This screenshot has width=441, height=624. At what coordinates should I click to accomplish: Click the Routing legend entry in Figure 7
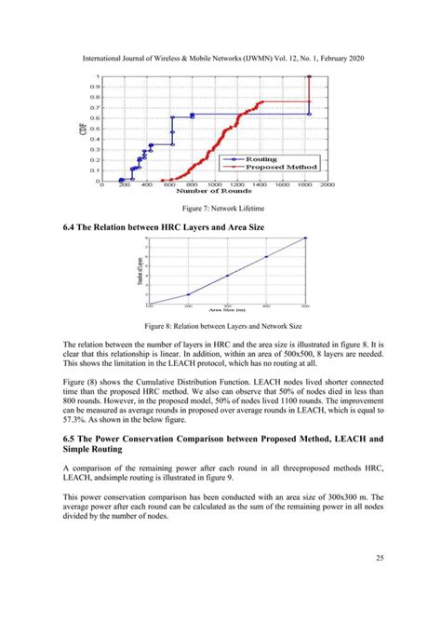pos(260,159)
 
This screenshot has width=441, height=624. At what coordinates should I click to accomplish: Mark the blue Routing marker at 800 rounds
pos(193,115)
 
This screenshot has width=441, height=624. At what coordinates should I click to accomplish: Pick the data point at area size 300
pos(227,276)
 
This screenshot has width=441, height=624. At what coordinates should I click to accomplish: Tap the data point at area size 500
pos(305,238)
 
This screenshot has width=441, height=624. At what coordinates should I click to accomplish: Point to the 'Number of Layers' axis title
pos(140,270)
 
